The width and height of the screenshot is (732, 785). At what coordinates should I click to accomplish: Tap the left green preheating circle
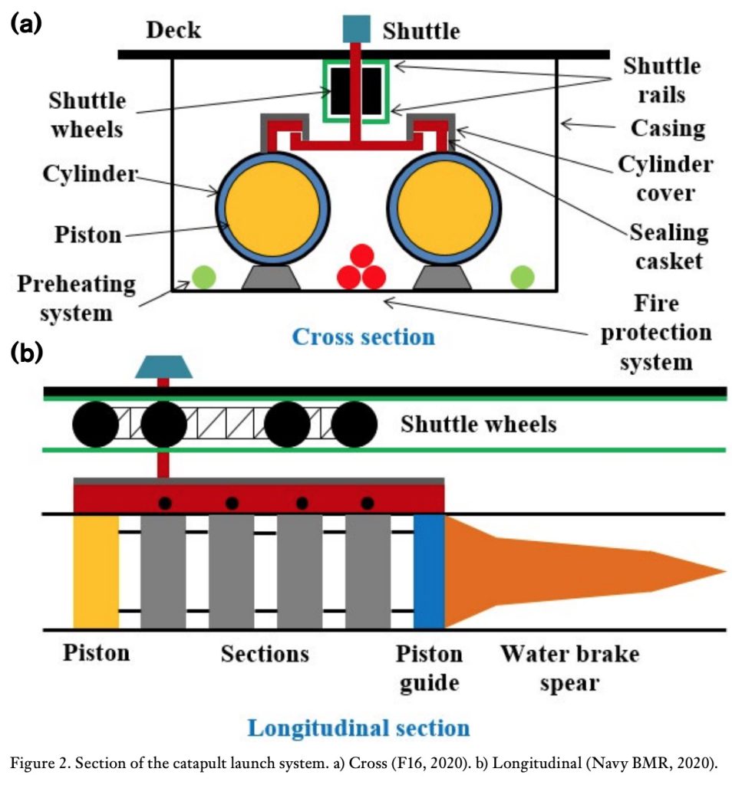pyautogui.click(x=203, y=277)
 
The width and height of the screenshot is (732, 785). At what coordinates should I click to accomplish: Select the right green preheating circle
pyautogui.click(x=523, y=277)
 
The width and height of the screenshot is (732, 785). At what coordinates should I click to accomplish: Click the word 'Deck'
pyautogui.click(x=173, y=30)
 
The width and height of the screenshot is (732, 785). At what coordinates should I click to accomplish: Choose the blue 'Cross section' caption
pyautogui.click(x=364, y=336)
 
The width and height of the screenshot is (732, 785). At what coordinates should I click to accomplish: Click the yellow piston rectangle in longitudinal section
pyautogui.click(x=96, y=571)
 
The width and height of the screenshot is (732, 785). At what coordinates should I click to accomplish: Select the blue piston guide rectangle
pyautogui.click(x=429, y=571)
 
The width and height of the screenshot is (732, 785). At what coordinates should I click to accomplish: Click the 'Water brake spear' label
pyautogui.click(x=569, y=668)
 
